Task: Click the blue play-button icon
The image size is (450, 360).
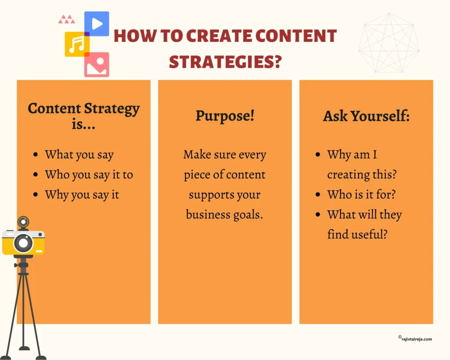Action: coord(97,24)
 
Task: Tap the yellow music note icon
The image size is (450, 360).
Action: coord(77,44)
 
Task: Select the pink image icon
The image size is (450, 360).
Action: coord(97,65)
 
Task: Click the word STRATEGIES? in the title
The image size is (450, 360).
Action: coord(225,62)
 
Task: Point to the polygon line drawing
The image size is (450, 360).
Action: coord(388,43)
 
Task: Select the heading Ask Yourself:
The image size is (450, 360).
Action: coord(366,116)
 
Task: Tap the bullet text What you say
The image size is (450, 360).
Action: coord(79,155)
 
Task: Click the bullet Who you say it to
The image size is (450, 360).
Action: coord(89,175)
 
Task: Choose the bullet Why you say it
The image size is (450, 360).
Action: coord(82,195)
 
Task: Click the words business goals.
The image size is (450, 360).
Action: coord(225,215)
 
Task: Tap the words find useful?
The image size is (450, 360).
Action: coord(357,234)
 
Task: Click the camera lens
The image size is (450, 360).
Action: coord(23,242)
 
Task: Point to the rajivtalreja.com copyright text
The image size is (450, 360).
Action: coord(415,339)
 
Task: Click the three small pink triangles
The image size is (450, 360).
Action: coord(66,19)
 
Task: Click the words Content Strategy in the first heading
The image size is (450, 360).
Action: coord(83,108)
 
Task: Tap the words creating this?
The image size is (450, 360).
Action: coord(362,175)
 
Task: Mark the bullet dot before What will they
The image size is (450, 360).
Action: coord(318,215)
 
